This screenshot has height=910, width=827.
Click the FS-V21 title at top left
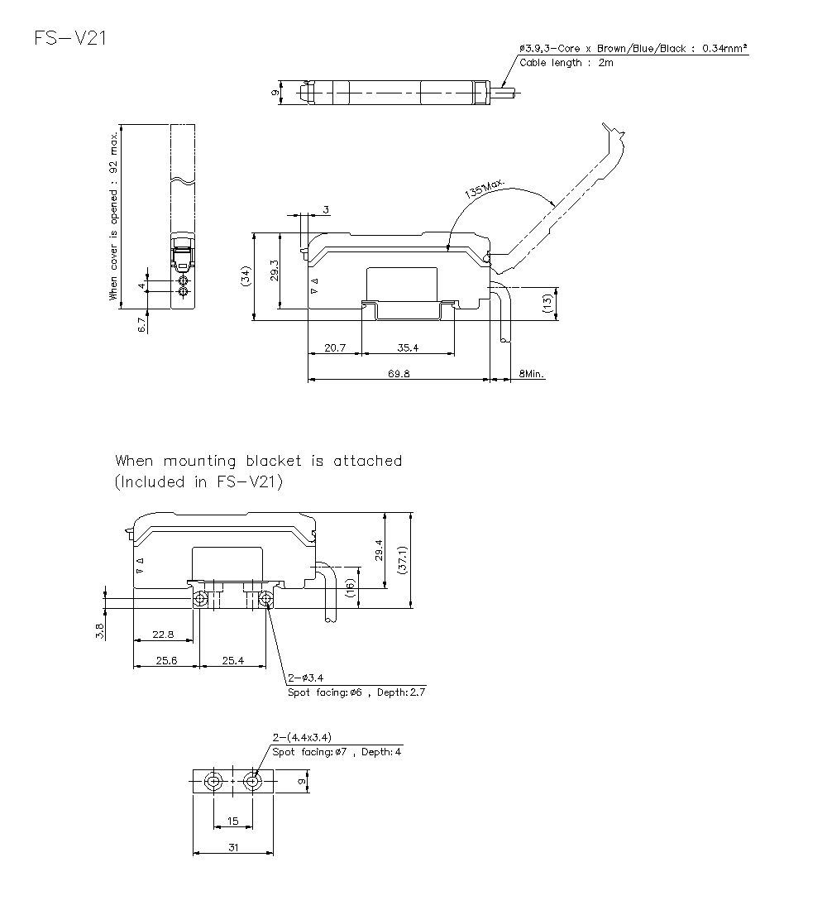pyautogui.click(x=69, y=38)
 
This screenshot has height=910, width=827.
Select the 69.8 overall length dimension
pyautogui.click(x=399, y=373)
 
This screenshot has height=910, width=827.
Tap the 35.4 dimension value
pyautogui.click(x=408, y=348)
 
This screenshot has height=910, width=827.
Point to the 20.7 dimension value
pyautogui.click(x=335, y=348)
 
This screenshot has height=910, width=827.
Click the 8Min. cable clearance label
pyautogui.click(x=532, y=374)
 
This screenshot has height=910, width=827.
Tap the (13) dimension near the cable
pyautogui.click(x=547, y=303)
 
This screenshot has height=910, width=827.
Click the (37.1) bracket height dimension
pyautogui.click(x=402, y=560)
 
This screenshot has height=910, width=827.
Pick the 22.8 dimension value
pyautogui.click(x=164, y=635)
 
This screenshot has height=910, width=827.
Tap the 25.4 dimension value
pyautogui.click(x=233, y=660)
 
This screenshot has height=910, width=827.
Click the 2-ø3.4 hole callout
pyautogui.click(x=305, y=678)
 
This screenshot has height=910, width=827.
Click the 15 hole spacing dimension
pyautogui.click(x=233, y=821)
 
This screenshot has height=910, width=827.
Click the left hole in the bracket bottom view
pyautogui.click(x=214, y=782)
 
